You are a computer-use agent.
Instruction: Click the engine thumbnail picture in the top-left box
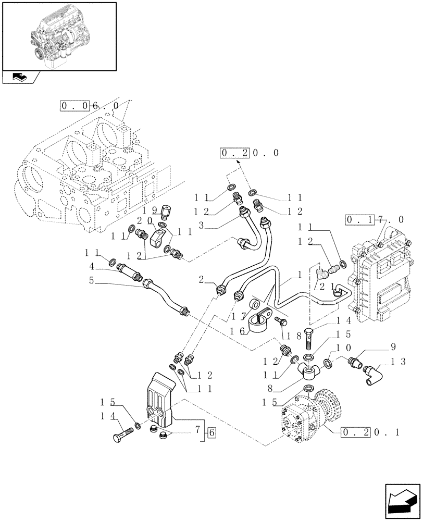tap(58, 35)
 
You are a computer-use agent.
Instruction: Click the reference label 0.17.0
tap(374, 220)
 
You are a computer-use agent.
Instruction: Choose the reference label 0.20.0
tap(250, 153)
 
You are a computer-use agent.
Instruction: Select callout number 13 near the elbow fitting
tap(392, 361)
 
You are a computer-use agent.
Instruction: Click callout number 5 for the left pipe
tap(91, 280)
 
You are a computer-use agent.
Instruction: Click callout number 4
tap(91, 266)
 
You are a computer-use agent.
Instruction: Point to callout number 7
tap(197, 431)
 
